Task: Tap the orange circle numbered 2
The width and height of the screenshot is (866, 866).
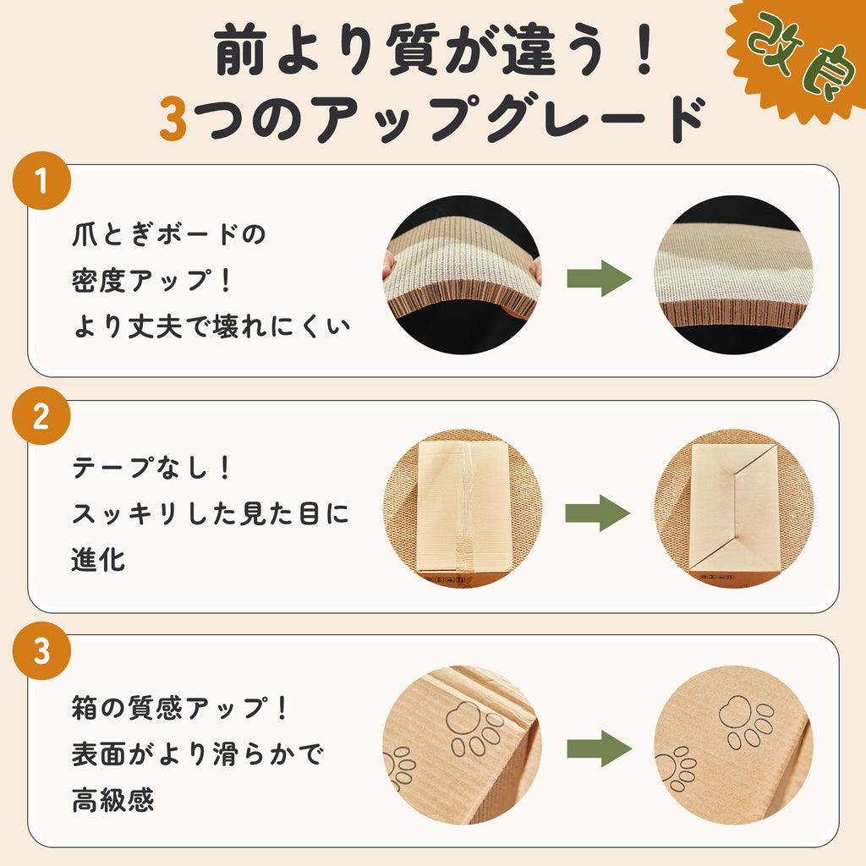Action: tap(41, 418)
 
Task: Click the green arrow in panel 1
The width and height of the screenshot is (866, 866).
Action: tap(599, 279)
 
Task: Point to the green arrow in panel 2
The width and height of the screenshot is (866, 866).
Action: tap(597, 513)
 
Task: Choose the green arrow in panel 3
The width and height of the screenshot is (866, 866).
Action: tap(599, 749)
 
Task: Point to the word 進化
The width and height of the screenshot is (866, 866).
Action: tap(97, 560)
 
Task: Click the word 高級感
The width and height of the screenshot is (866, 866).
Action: tap(110, 800)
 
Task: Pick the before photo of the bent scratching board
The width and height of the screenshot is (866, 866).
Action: tap(462, 275)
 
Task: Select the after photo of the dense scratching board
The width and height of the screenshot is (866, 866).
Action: tap(733, 275)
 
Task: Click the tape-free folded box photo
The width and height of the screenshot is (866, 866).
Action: tap(733, 509)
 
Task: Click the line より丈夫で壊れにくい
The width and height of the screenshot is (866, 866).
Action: tap(210, 326)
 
